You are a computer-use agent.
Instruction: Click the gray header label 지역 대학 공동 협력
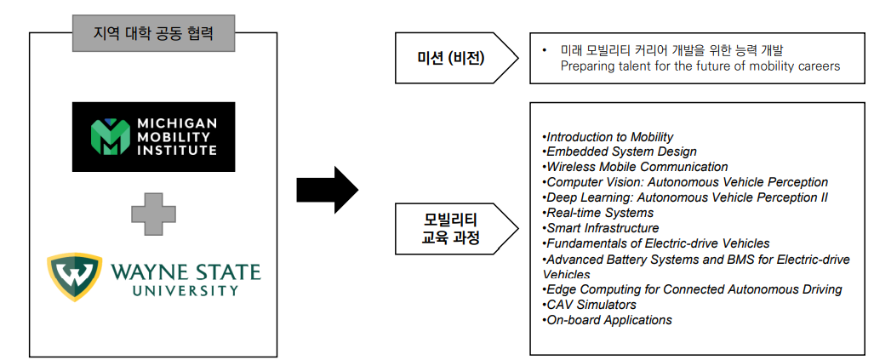(x=153, y=33)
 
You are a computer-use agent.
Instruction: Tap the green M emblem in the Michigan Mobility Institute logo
(x=109, y=135)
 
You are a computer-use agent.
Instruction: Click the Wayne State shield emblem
(x=75, y=277)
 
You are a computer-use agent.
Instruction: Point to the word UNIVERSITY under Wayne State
(x=186, y=290)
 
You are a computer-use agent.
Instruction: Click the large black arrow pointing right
(x=327, y=190)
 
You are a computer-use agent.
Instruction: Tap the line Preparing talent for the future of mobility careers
(x=700, y=66)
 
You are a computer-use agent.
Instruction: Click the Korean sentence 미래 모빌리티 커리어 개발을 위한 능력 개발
(x=671, y=50)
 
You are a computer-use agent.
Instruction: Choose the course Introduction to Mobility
(x=608, y=137)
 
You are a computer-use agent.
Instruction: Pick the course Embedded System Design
(x=620, y=151)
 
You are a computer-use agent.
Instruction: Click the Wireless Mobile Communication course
(x=635, y=167)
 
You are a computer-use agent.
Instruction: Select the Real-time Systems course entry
(x=597, y=213)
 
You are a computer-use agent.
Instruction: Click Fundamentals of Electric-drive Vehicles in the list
(x=655, y=243)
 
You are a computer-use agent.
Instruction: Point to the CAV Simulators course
(x=589, y=305)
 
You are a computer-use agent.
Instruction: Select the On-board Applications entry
(x=607, y=321)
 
